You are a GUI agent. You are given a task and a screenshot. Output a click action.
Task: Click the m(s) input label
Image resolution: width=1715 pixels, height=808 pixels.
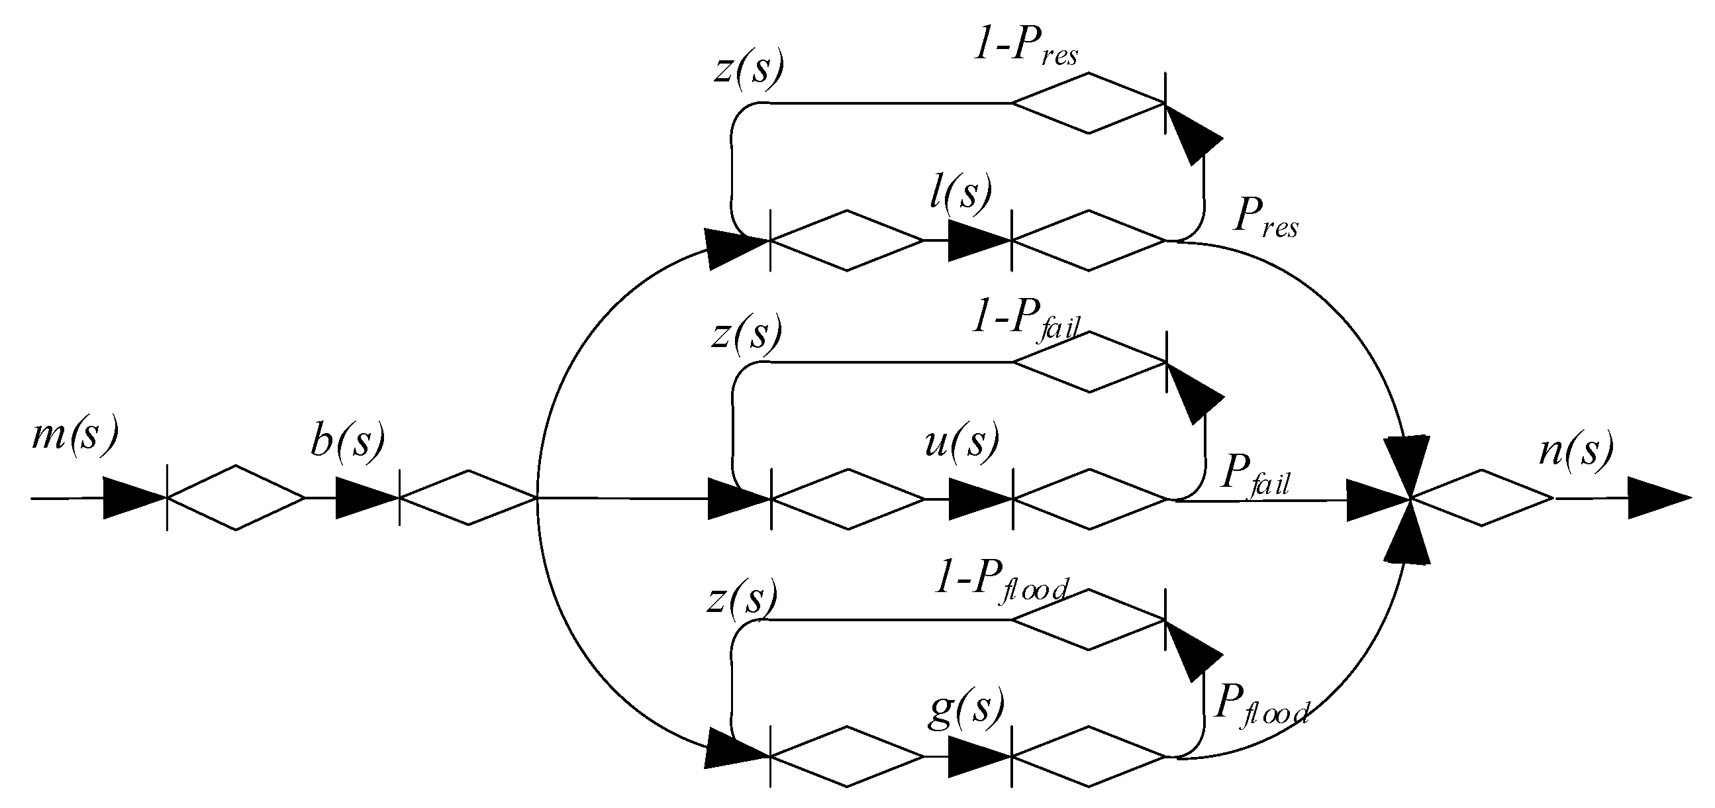coord(75,436)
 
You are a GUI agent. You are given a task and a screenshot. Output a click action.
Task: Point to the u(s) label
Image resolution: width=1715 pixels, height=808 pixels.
coord(962,442)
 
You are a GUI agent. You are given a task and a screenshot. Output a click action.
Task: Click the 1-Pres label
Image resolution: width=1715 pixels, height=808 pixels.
coord(1025,50)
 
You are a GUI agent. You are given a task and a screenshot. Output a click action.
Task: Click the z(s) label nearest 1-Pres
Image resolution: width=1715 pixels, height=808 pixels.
coord(748,70)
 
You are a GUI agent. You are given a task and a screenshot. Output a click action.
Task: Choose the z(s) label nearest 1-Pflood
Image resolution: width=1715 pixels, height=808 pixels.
coord(742,598)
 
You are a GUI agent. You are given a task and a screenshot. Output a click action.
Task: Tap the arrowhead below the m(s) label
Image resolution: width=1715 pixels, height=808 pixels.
coord(133,497)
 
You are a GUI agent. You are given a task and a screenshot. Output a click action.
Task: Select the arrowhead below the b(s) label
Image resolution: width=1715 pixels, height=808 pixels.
coord(366,497)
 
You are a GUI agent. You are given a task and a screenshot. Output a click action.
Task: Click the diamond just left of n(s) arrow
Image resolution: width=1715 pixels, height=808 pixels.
coord(1481,497)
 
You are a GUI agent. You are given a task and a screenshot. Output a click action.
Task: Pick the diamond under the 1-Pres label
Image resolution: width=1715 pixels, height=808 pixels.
coord(1089,103)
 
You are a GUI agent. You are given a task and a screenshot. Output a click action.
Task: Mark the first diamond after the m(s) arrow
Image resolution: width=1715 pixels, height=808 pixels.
coord(236,497)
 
